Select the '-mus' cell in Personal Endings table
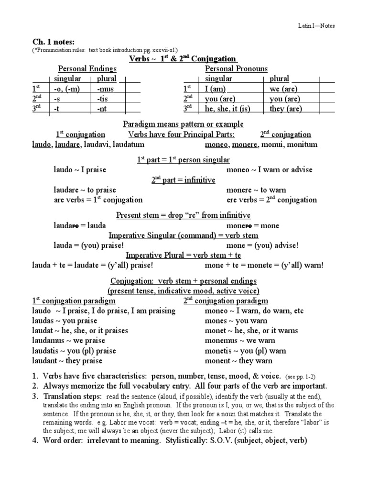tap(105, 89)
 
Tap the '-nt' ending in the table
tap(102, 109)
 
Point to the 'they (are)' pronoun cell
tap(286, 109)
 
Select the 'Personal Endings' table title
tap(87, 69)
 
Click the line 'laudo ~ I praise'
tap(80, 169)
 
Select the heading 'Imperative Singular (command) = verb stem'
tap(184, 235)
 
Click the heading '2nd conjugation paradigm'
tap(226, 301)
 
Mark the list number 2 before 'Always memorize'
tap(35, 386)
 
